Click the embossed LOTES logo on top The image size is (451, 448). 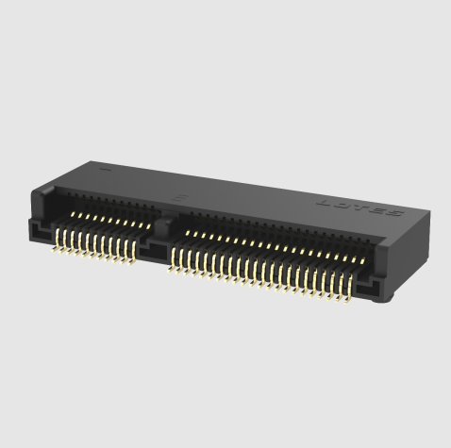pos(363,206)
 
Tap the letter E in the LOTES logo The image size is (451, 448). pos(378,208)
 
